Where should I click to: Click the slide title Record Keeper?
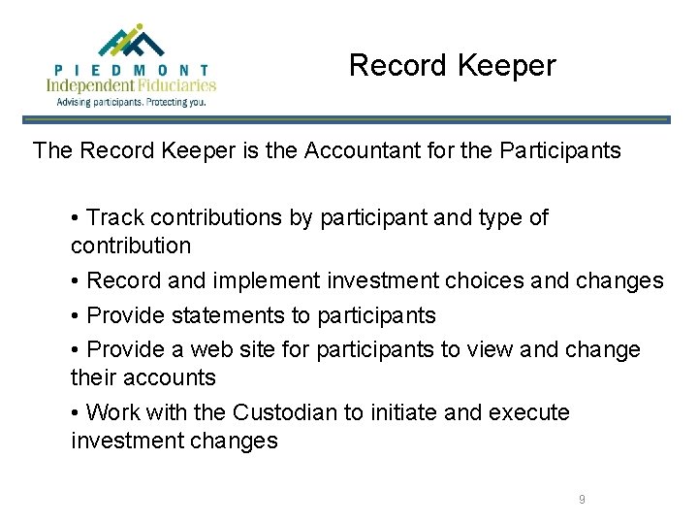point(452,65)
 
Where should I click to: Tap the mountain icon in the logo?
point(132,42)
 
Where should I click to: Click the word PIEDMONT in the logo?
point(132,70)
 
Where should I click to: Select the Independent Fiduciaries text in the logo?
point(132,85)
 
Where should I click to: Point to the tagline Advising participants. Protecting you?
point(132,101)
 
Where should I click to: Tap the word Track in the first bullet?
point(116,217)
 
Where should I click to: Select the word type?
point(501,217)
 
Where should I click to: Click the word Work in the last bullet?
point(112,412)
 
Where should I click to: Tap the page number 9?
point(582,499)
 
